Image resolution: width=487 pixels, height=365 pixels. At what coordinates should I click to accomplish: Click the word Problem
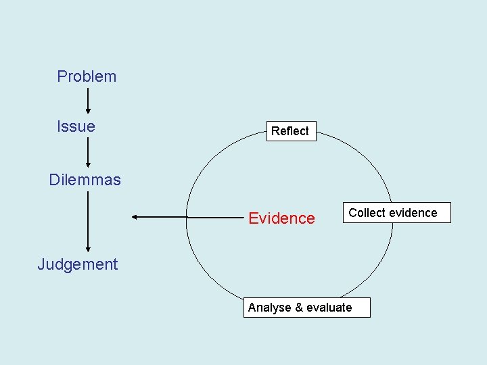click(87, 76)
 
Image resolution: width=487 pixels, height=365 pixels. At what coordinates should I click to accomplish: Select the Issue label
click(76, 126)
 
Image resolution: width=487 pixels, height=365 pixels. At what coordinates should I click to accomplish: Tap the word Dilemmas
click(85, 180)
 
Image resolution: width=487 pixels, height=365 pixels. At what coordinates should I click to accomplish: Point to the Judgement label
click(77, 264)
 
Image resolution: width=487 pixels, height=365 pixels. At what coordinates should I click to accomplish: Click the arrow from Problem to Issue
click(88, 101)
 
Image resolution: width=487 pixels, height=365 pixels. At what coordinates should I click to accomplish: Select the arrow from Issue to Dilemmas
click(88, 153)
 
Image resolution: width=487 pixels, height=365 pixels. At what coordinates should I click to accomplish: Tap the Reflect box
click(289, 131)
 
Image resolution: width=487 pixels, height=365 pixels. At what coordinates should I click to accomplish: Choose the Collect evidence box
click(396, 213)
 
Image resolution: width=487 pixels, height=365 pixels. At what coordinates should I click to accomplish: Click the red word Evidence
click(281, 218)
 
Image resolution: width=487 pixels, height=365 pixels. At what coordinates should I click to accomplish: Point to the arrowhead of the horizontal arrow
click(135, 217)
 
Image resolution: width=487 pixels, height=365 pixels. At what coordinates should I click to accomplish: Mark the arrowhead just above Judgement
click(88, 250)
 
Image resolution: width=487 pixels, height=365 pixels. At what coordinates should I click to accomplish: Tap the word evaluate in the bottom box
click(329, 308)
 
